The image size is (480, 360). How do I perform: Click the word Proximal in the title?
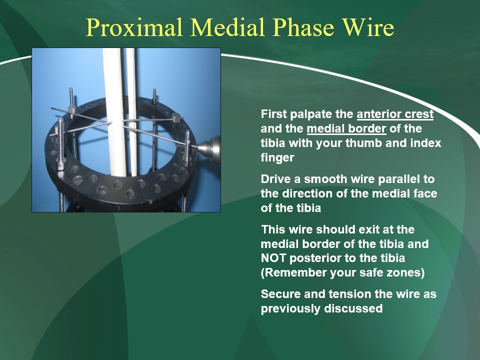coord(134,27)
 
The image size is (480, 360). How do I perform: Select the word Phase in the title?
coord(303,27)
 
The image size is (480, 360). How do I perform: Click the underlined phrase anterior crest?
coord(395,114)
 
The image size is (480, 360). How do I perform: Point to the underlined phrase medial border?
coord(346,128)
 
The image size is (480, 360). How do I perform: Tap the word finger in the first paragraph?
coord(277,157)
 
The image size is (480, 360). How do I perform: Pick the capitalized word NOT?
coord(273,258)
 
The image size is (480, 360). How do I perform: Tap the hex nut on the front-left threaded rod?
coord(61,166)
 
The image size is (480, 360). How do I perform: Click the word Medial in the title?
coord(228,27)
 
